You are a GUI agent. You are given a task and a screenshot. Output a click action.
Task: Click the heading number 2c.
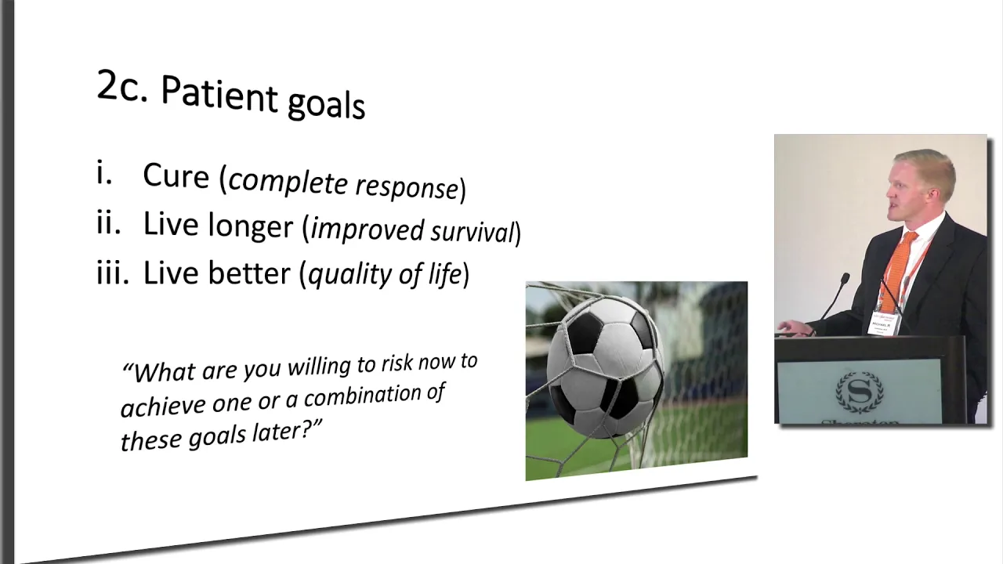tap(121, 86)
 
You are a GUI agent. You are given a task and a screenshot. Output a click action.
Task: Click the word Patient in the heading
tap(219, 94)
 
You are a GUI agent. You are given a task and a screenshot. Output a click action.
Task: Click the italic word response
tap(407, 187)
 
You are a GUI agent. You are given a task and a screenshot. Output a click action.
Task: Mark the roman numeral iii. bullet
tap(113, 272)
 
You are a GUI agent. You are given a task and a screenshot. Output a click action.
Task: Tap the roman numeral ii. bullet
tap(109, 223)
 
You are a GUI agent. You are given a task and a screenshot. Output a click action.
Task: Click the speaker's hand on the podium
tap(795, 328)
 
